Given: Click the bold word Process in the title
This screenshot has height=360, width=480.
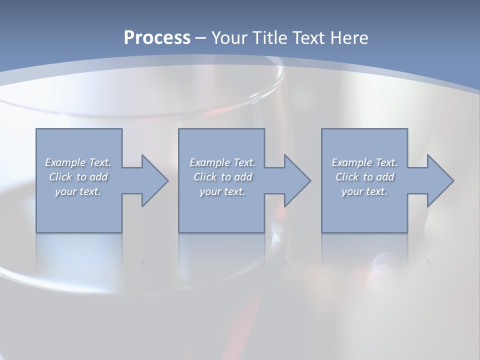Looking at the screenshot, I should click(x=157, y=38).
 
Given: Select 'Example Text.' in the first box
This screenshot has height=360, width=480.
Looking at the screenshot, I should click(x=78, y=162).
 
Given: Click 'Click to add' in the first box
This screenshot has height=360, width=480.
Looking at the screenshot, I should click(x=78, y=177).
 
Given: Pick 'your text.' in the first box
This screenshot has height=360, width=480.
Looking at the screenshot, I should click(x=78, y=191).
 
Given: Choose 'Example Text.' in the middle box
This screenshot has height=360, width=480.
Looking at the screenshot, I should click(x=222, y=162).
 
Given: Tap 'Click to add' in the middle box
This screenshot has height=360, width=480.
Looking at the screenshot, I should click(x=222, y=177).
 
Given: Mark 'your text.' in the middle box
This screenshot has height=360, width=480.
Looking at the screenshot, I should click(x=222, y=191).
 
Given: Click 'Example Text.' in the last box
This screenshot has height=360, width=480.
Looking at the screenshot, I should click(x=364, y=162).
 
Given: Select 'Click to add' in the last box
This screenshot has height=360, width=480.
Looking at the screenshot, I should click(x=364, y=177).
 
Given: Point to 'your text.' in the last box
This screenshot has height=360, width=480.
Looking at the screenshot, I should click(x=364, y=191).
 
